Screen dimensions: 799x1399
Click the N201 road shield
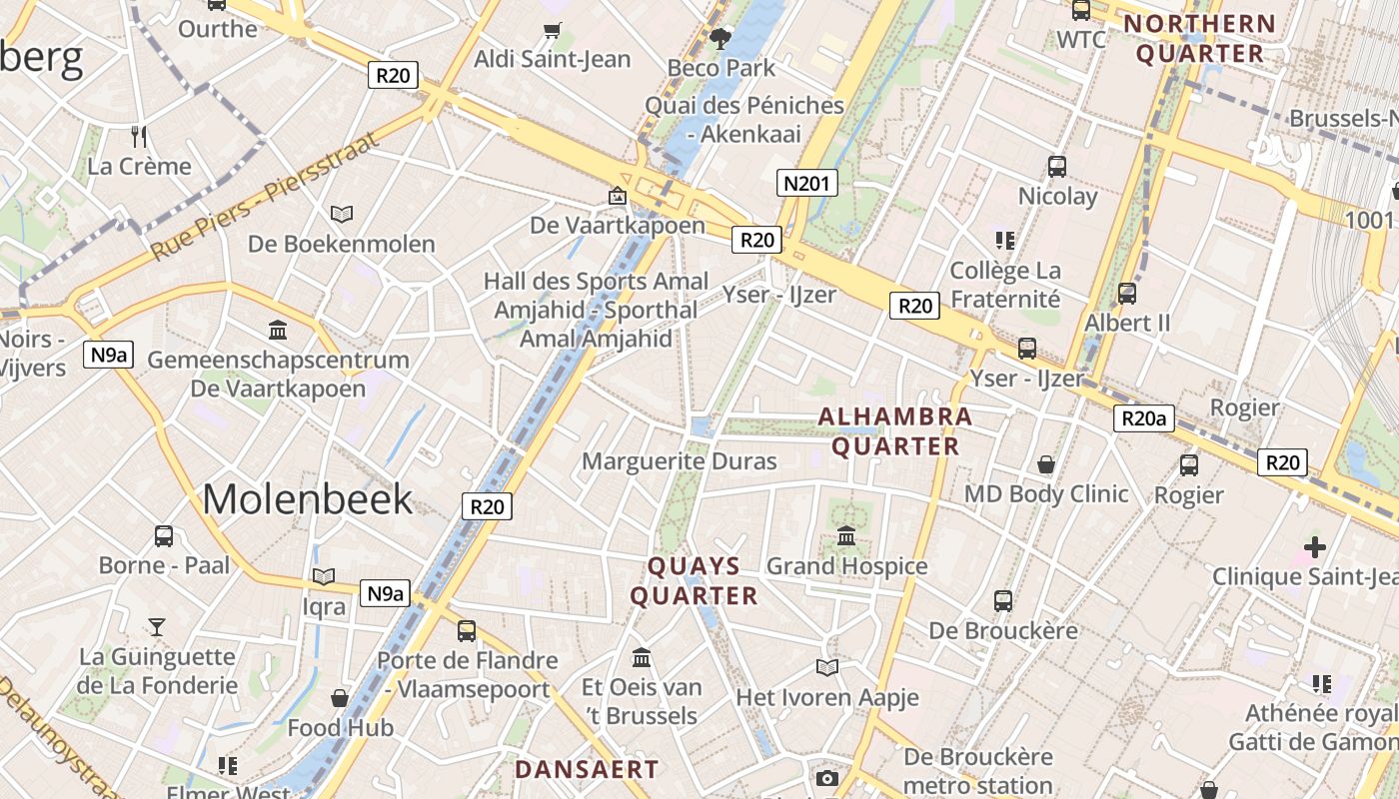pyautogui.click(x=806, y=183)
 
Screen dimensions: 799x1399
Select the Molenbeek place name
pyautogui.click(x=307, y=498)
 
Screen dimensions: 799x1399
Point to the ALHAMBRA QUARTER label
pyautogui.click(x=895, y=431)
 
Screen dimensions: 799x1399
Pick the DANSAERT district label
pyautogui.click(x=587, y=769)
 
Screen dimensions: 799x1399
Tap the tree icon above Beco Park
pyautogui.click(x=719, y=39)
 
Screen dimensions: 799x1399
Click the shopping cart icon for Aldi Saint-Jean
pyautogui.click(x=553, y=31)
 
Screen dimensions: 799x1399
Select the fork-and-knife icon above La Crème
pyautogui.click(x=139, y=136)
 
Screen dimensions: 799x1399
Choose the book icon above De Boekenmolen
pyautogui.click(x=342, y=214)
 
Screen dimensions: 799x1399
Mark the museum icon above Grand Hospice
pyautogui.click(x=846, y=536)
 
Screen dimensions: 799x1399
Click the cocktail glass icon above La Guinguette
pyautogui.click(x=157, y=627)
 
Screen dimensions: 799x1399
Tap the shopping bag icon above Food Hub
pyautogui.click(x=340, y=697)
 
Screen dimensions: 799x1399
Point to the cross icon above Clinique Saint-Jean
pyautogui.click(x=1315, y=546)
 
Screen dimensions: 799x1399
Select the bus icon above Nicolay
pyautogui.click(x=1057, y=166)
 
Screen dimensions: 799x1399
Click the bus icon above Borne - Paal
pyautogui.click(x=164, y=535)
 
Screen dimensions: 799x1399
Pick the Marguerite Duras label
pyautogui.click(x=679, y=461)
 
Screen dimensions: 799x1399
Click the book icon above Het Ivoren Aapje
pyautogui.click(x=826, y=667)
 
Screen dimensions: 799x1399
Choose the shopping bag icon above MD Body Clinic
pyautogui.click(x=1045, y=464)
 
